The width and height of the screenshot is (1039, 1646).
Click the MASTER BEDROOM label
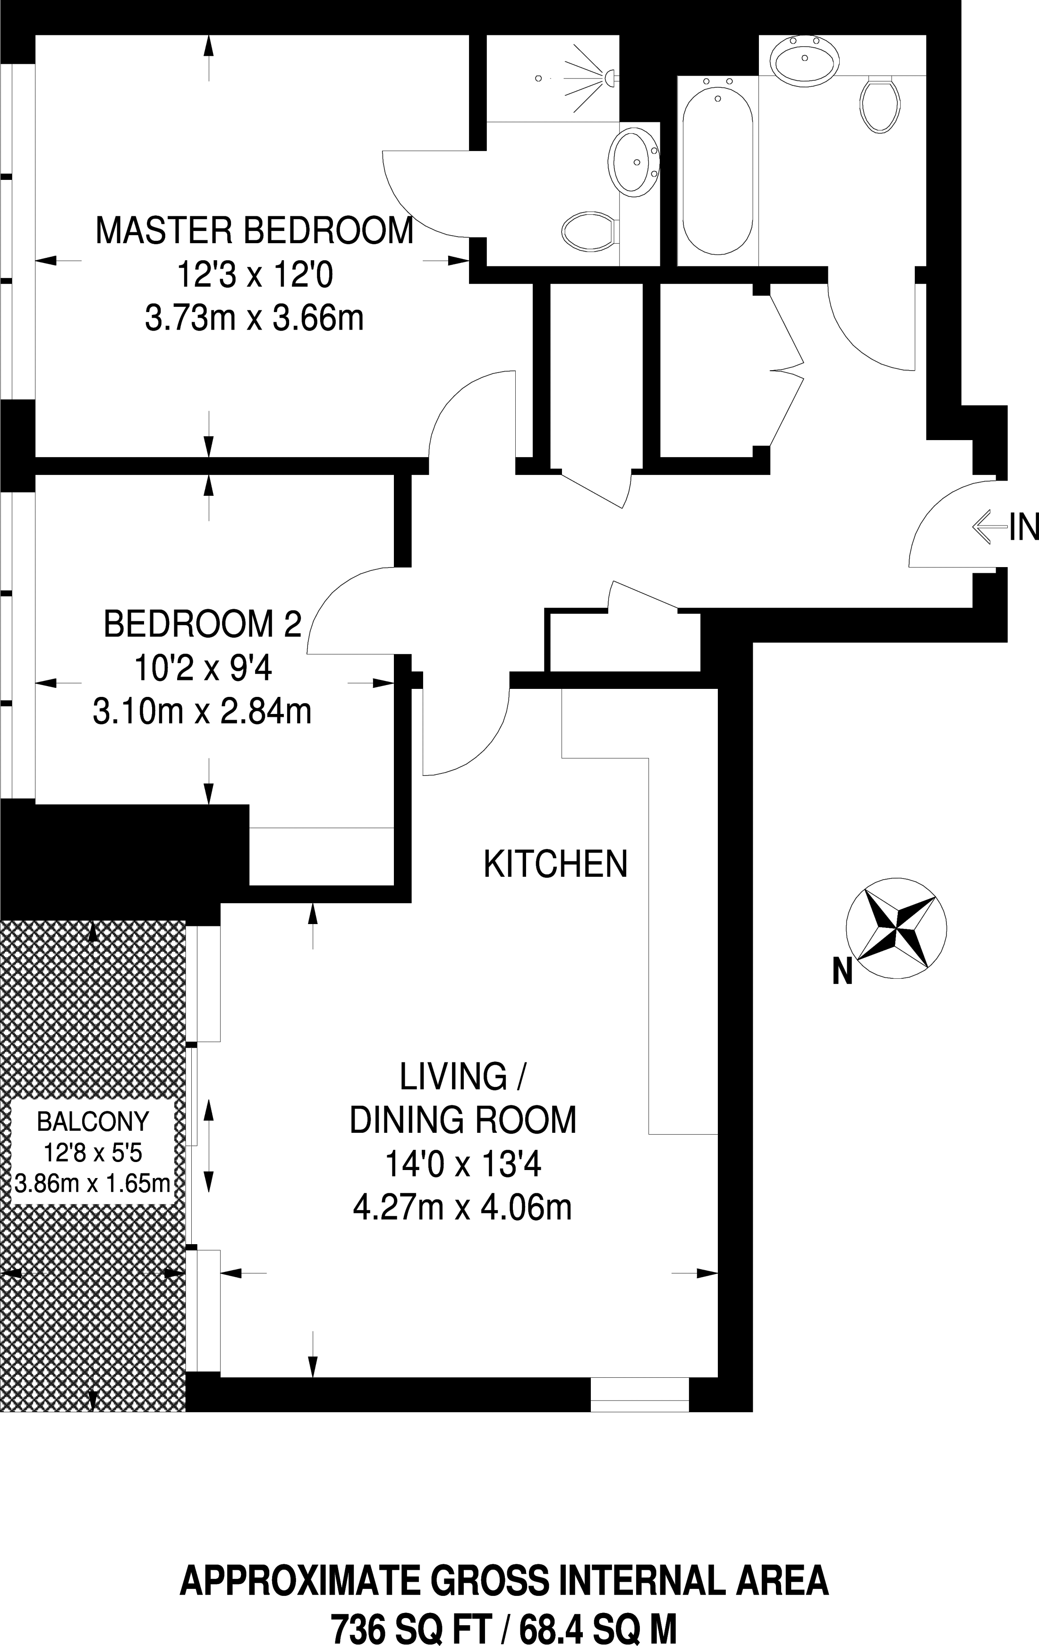click(254, 230)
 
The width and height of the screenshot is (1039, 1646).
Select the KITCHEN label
click(555, 864)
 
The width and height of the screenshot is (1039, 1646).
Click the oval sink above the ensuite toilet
click(634, 162)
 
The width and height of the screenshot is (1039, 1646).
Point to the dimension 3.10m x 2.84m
click(202, 712)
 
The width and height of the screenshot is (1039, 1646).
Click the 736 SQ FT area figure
click(408, 1625)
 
